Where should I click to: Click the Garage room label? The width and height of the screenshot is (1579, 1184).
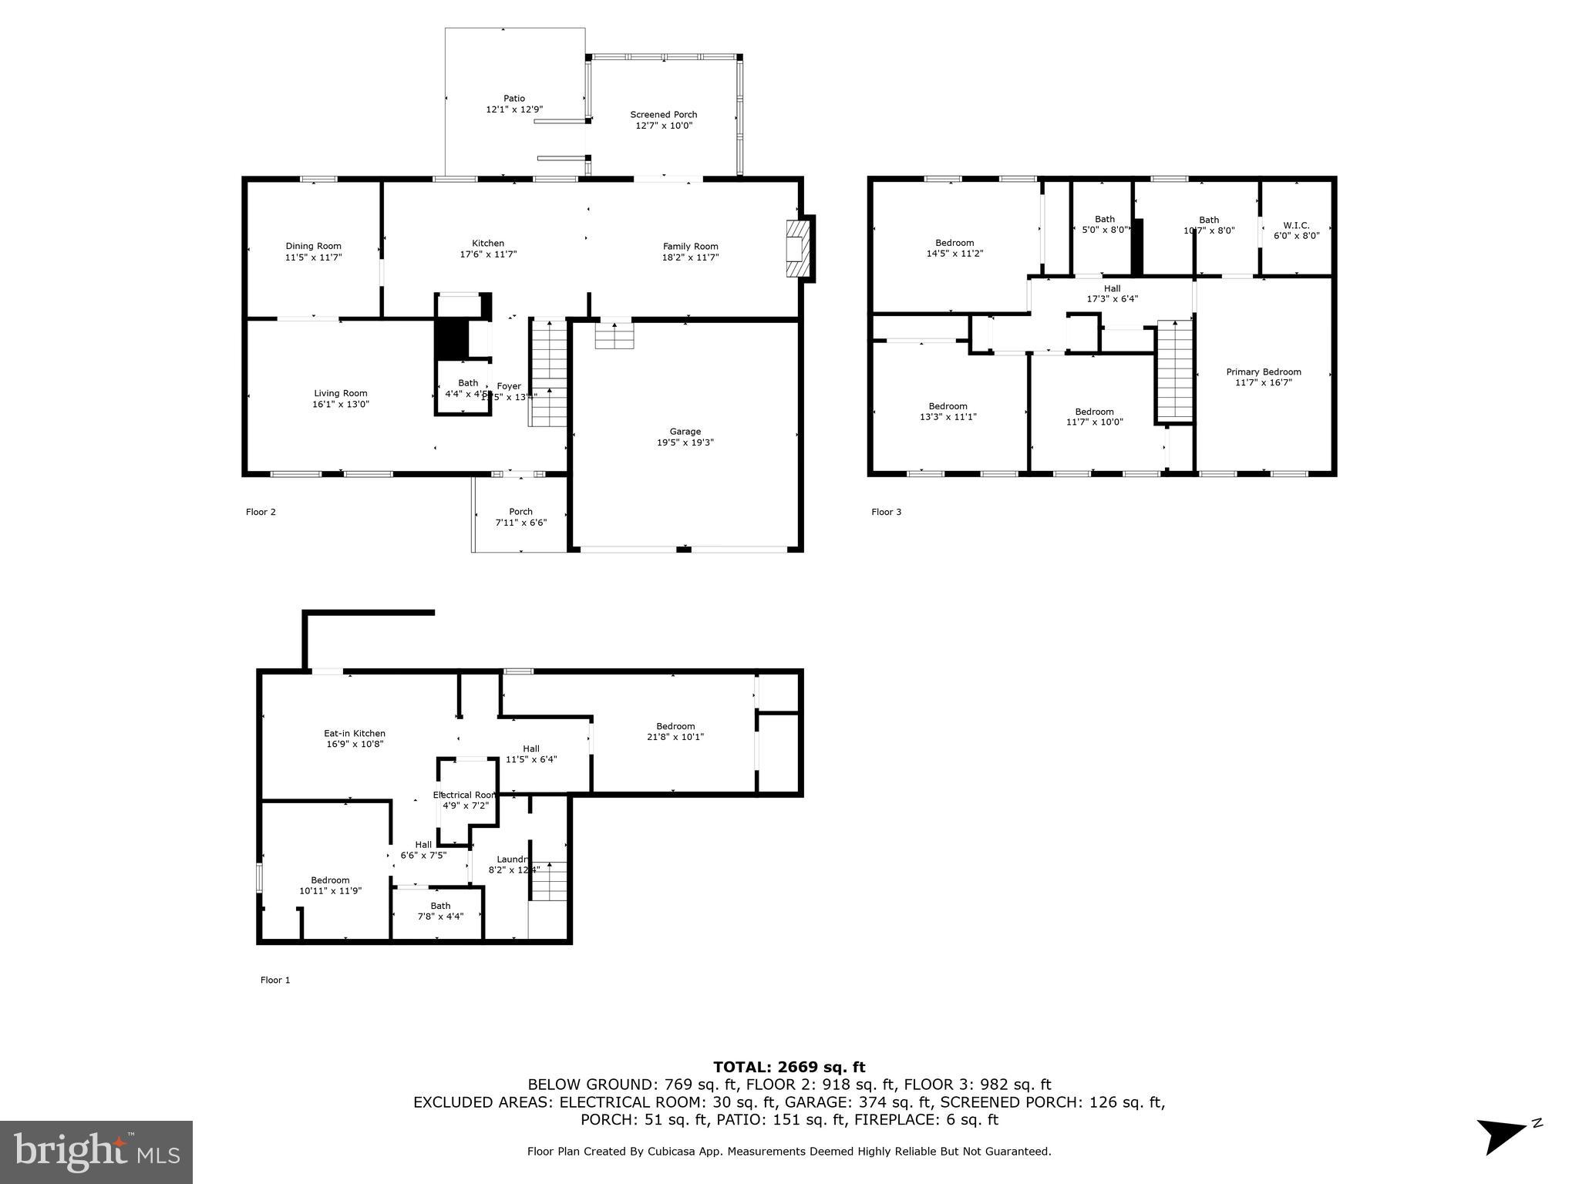[x=685, y=432]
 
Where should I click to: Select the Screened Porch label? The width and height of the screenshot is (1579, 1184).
[x=663, y=115]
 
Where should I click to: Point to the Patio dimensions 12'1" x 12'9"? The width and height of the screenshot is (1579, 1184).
[x=514, y=109]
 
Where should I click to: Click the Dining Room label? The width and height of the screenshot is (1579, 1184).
[x=313, y=247]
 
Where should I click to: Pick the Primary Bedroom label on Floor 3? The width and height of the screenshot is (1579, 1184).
[x=1263, y=372]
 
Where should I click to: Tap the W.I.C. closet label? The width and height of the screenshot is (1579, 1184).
[x=1296, y=226]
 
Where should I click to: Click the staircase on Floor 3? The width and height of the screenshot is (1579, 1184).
[x=1174, y=370]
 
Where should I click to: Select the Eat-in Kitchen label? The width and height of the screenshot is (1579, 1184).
[x=355, y=734]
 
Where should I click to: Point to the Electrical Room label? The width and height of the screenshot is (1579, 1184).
[x=464, y=795]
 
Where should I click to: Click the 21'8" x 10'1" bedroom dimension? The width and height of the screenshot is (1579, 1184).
[x=675, y=737]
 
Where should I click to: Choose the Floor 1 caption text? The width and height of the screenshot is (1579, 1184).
[x=275, y=980]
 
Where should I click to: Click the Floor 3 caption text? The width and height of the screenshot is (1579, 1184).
[x=886, y=512]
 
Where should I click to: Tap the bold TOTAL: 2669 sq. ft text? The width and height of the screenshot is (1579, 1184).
[x=789, y=1068]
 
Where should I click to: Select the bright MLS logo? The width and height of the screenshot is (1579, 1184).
[x=96, y=1152]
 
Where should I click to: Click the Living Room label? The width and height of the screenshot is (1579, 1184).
[x=340, y=393]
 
